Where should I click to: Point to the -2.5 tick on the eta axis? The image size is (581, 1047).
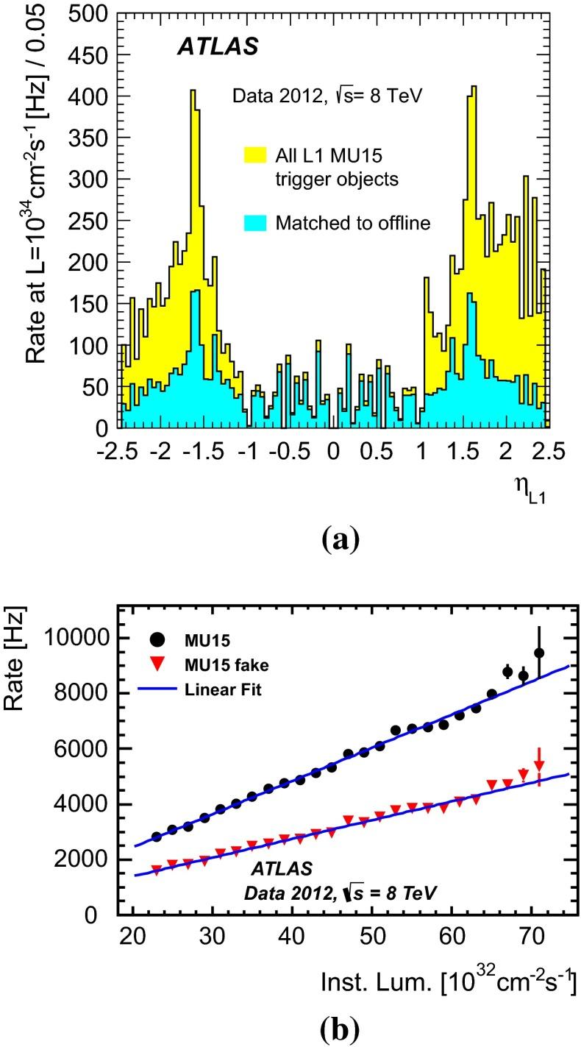121,450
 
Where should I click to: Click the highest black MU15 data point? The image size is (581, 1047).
539,653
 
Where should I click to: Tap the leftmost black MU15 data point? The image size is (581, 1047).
156,837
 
